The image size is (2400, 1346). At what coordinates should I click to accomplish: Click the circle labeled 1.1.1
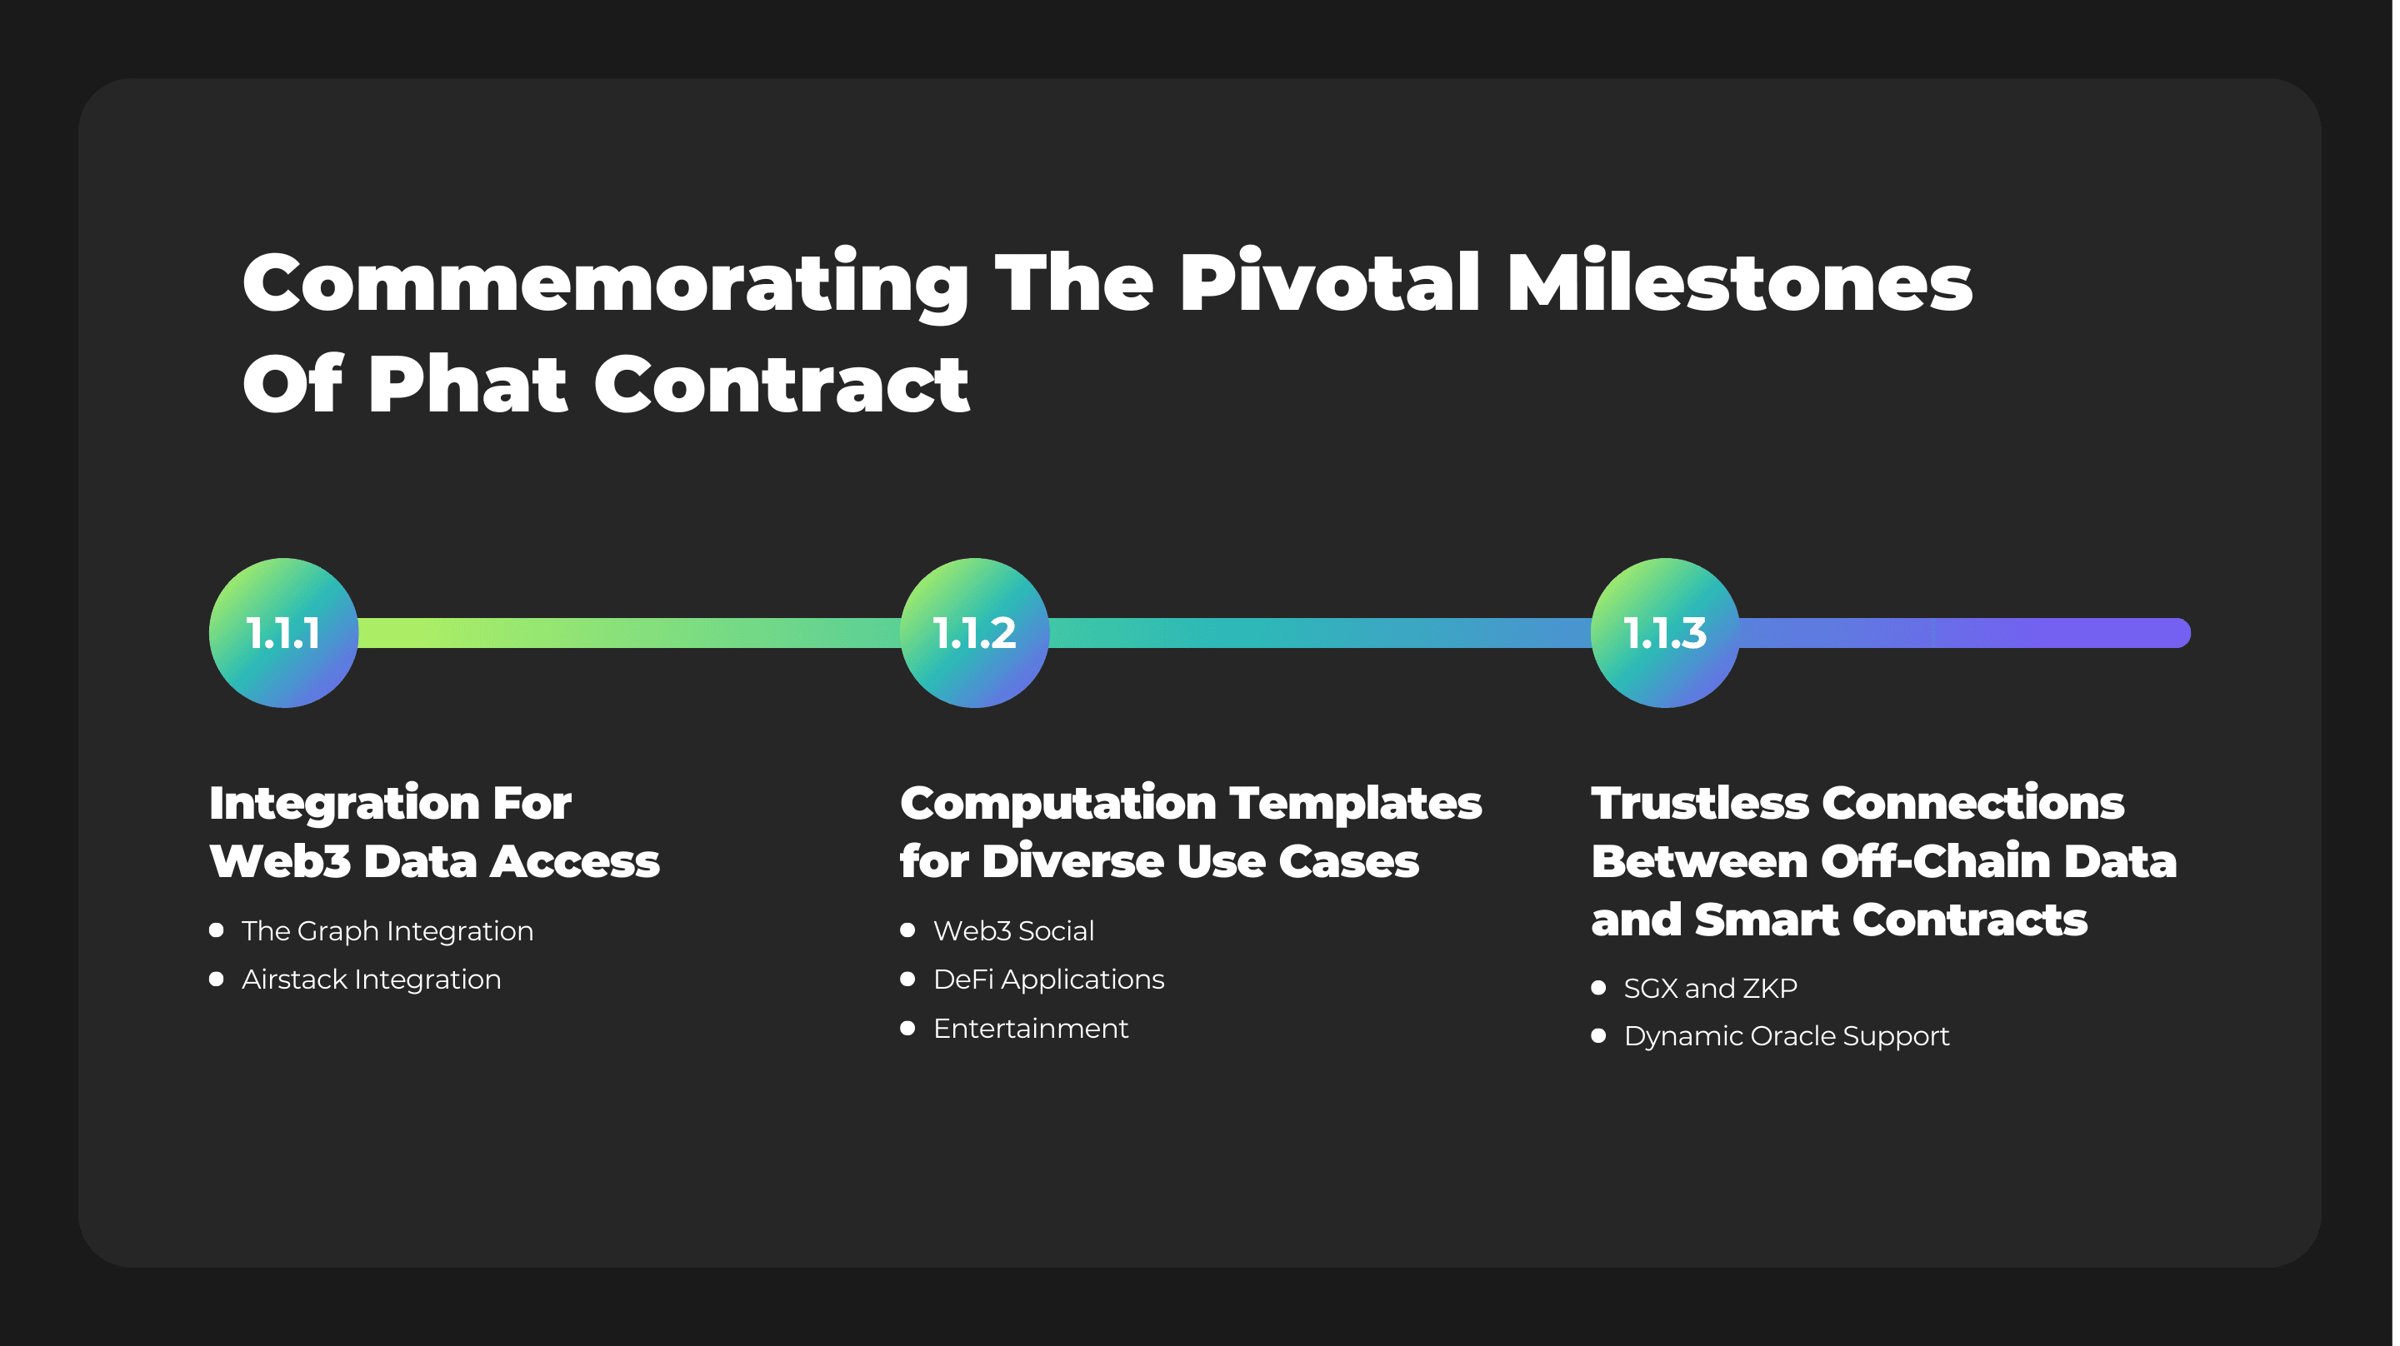[283, 633]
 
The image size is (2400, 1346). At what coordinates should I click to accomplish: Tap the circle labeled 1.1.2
[974, 633]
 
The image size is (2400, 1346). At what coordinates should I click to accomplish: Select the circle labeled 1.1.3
[1666, 633]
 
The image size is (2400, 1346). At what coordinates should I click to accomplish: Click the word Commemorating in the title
[607, 284]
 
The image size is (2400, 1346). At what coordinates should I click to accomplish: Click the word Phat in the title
[467, 384]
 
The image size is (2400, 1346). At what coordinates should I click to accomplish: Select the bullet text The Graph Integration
[387, 931]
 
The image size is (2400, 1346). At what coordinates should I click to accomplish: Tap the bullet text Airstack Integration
[372, 980]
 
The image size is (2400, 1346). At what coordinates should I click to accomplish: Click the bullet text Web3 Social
[1013, 930]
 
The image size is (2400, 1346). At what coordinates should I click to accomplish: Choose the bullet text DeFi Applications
[1049, 980]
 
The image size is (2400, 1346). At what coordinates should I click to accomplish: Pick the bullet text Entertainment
[1031, 1029]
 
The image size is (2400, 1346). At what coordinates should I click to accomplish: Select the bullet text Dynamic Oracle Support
[1787, 1037]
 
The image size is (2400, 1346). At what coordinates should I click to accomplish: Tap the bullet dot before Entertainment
[907, 1029]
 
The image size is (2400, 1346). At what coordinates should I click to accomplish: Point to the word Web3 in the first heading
[279, 861]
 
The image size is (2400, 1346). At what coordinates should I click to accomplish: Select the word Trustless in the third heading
[1700, 803]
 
